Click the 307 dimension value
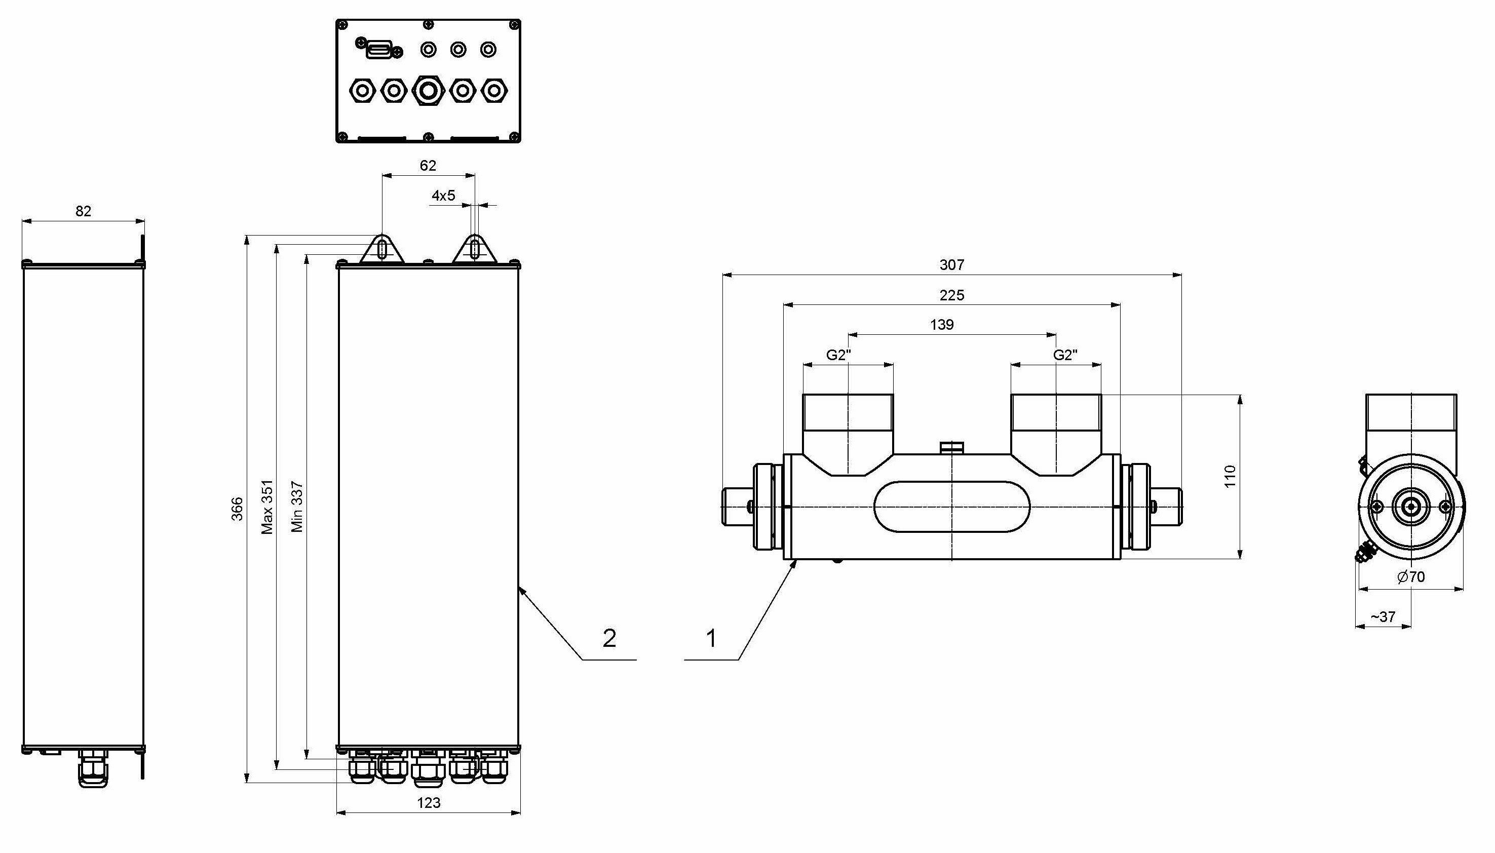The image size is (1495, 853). (x=951, y=265)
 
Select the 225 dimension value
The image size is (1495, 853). (x=951, y=295)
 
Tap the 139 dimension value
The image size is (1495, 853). (x=941, y=325)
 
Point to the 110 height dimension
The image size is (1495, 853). (x=1230, y=476)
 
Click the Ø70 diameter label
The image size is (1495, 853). (x=1410, y=577)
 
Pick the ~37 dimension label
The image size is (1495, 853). (x=1383, y=617)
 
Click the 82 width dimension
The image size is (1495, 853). (x=83, y=211)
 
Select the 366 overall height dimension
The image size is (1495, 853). (x=237, y=509)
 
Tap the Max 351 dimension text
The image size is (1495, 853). (x=267, y=507)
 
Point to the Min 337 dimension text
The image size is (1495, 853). (x=297, y=507)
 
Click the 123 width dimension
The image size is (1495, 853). (x=428, y=803)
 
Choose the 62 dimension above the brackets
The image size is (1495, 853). (x=428, y=166)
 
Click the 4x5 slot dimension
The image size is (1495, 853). (x=443, y=196)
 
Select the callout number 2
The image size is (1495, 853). (x=609, y=639)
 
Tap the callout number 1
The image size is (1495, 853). (x=711, y=639)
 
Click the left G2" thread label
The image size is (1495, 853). (x=838, y=355)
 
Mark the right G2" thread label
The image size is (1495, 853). (x=1065, y=355)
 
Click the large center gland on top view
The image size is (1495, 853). (x=428, y=91)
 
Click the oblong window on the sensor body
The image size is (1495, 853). (x=951, y=507)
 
